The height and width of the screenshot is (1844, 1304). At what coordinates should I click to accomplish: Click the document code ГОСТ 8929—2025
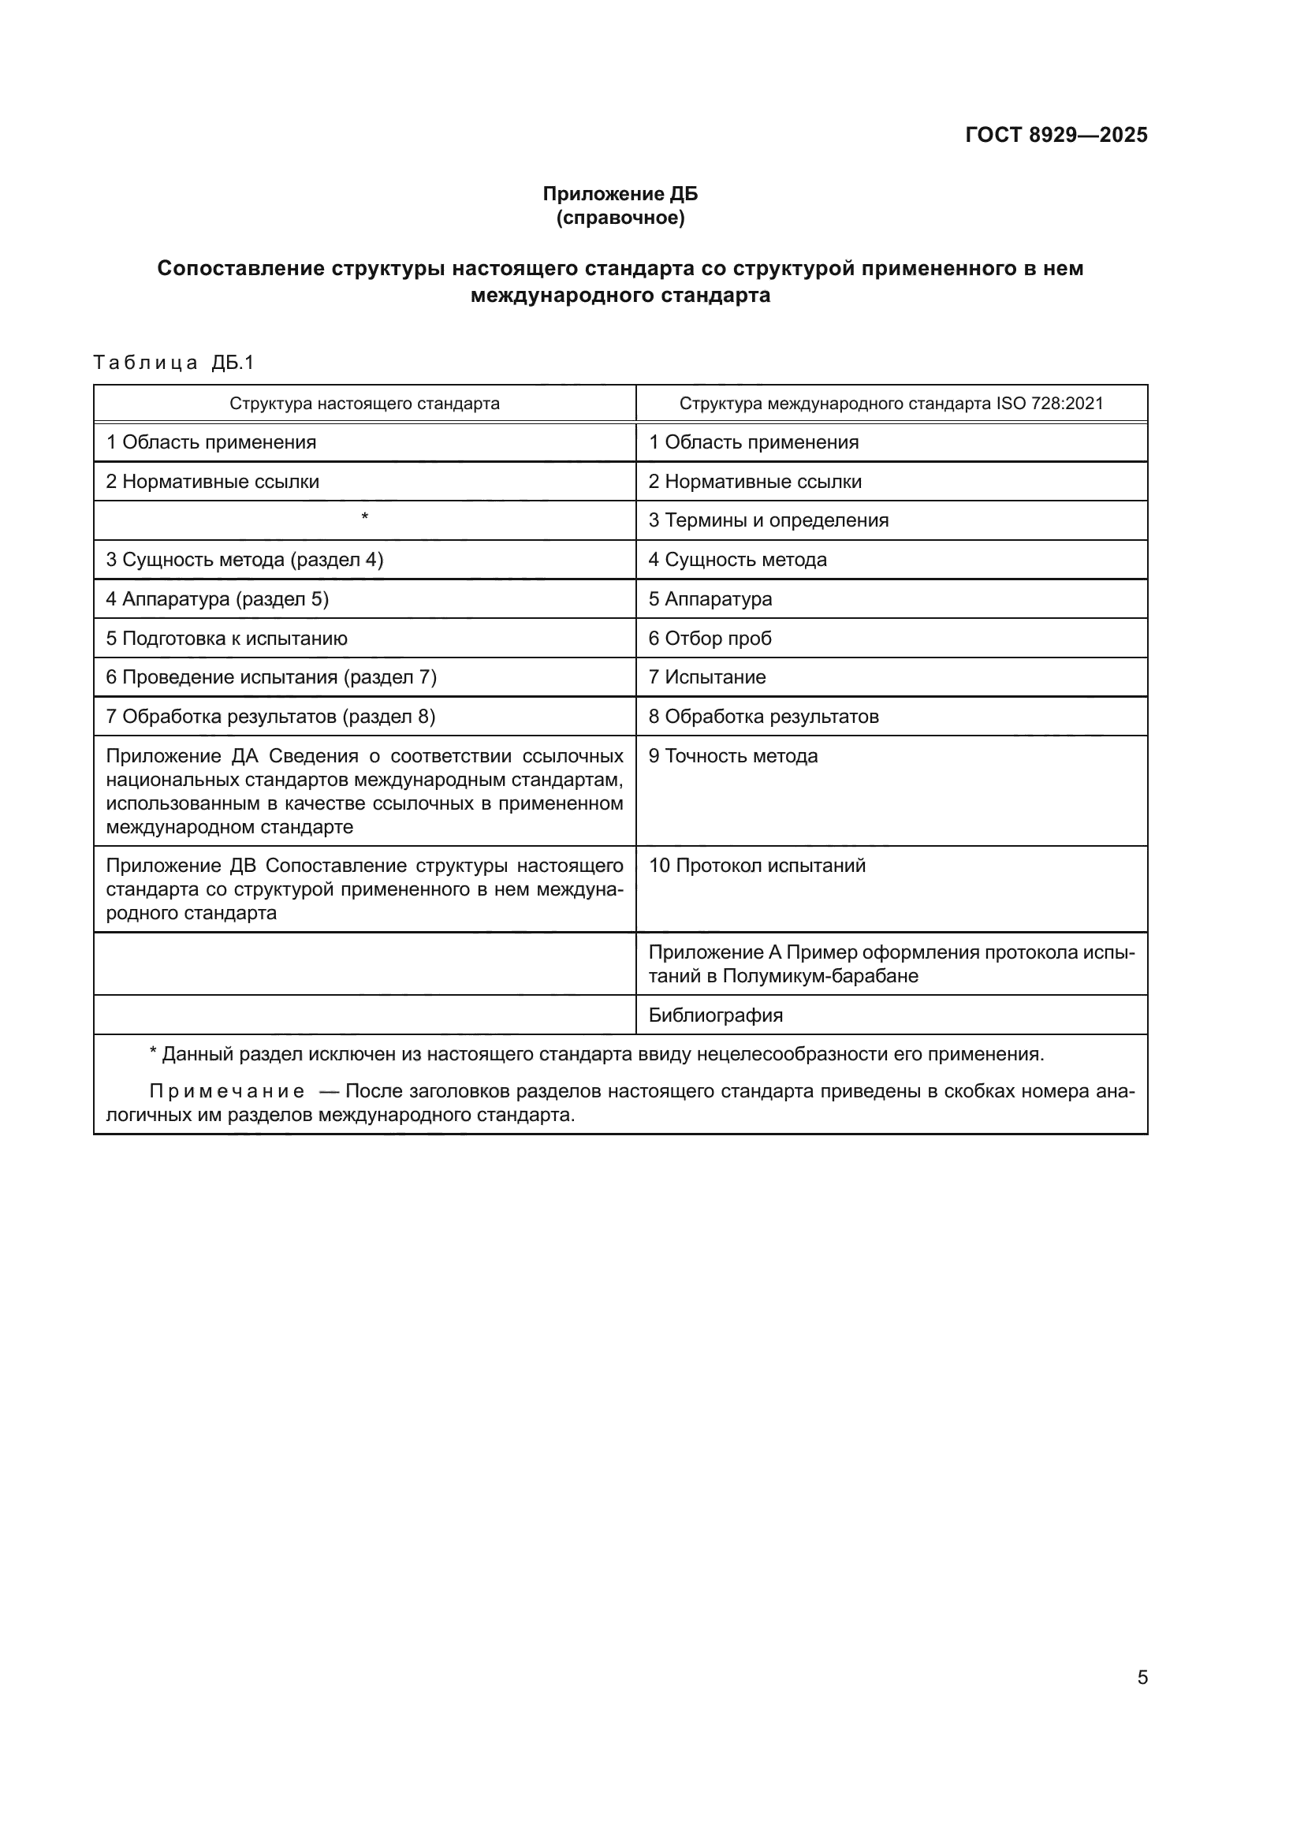(x=1056, y=135)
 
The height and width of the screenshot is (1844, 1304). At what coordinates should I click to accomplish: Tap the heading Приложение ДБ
(x=620, y=194)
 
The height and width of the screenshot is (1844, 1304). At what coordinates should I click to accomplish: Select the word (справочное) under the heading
(x=620, y=218)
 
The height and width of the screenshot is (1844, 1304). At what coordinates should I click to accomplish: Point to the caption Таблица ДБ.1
(x=173, y=363)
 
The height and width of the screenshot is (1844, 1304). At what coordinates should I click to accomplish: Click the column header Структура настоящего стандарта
(x=364, y=403)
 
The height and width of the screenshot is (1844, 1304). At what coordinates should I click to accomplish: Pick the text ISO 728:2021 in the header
(x=1049, y=403)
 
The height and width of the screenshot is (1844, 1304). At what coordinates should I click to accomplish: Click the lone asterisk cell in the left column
(x=364, y=518)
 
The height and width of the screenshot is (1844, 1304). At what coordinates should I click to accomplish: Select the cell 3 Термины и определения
(x=769, y=520)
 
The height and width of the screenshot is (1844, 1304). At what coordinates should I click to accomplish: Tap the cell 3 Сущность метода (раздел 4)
(x=245, y=560)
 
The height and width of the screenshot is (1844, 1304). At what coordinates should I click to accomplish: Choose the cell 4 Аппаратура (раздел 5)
(x=218, y=599)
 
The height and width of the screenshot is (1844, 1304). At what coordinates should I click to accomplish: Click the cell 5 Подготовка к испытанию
(x=227, y=639)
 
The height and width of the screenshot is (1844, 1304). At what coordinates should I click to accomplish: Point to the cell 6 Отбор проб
(x=710, y=639)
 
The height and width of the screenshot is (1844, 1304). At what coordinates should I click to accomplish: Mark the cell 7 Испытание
(x=706, y=677)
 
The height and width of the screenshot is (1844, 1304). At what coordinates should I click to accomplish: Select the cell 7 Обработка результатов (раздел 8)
(x=270, y=717)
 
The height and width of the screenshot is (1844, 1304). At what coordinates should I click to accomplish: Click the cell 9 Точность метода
(x=733, y=756)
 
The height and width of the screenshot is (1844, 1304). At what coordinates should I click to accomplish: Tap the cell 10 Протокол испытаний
(x=756, y=866)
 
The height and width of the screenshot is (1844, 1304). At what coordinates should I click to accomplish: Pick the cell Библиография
(x=715, y=1015)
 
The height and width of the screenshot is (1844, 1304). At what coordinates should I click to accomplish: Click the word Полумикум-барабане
(x=821, y=976)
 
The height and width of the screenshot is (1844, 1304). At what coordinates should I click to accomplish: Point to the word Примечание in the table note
(x=226, y=1091)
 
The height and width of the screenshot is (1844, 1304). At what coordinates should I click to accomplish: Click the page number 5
(x=1142, y=1677)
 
